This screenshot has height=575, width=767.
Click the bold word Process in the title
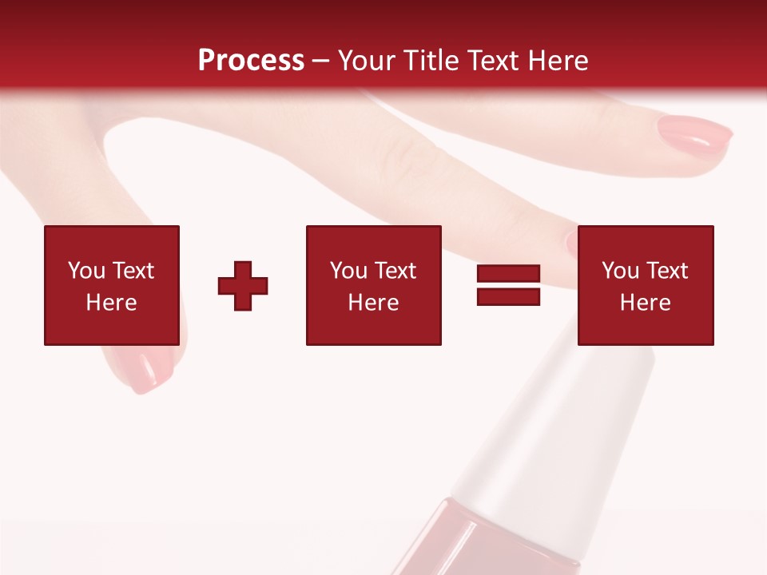[251, 61]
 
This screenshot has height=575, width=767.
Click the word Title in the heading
[432, 61]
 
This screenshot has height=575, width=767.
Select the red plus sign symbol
[243, 286]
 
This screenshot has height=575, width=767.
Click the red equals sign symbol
[508, 285]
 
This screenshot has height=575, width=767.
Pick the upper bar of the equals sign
[508, 274]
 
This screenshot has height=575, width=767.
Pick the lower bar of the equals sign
[508, 296]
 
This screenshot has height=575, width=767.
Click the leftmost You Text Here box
[112, 285]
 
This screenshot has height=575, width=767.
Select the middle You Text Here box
[373, 285]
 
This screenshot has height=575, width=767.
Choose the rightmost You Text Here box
[646, 285]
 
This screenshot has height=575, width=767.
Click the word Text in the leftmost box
[133, 271]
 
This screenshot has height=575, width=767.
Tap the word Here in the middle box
[373, 303]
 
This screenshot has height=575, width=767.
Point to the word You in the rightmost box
[621, 271]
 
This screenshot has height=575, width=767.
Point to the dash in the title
[320, 61]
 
